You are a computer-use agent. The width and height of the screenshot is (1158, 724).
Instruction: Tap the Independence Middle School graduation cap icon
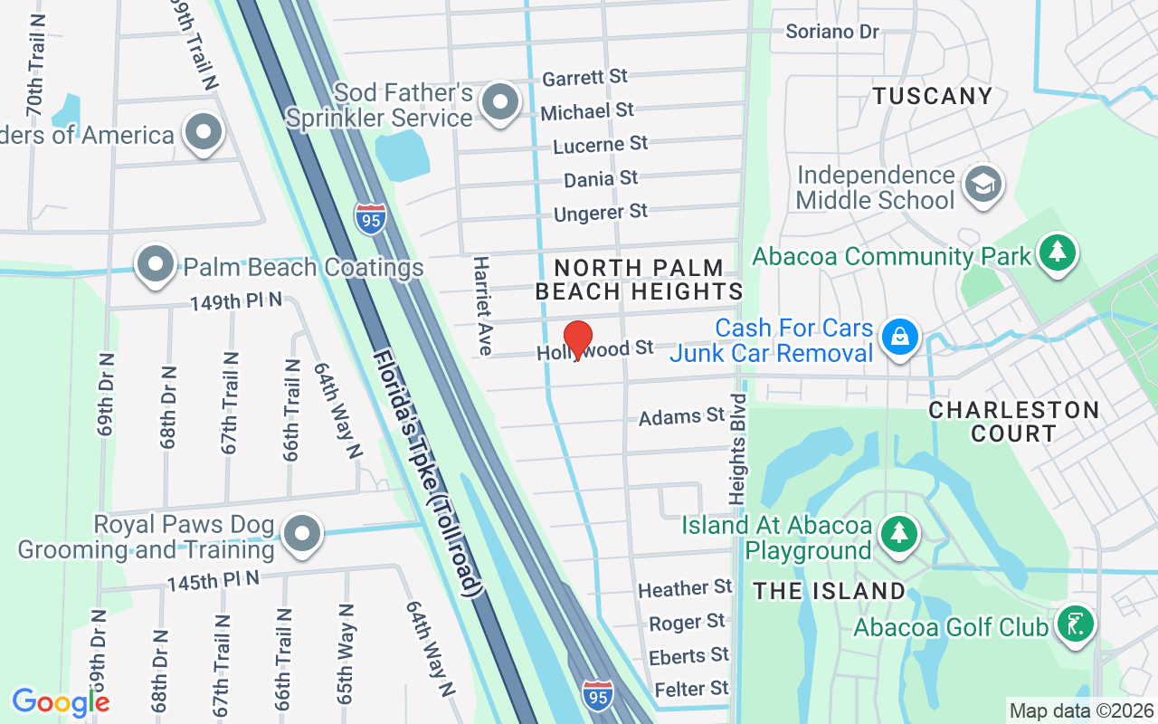pyautogui.click(x=982, y=185)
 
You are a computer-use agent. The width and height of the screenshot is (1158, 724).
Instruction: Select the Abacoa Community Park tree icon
pyautogui.click(x=1057, y=253)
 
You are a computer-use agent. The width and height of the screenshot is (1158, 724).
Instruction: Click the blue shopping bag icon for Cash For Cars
pyautogui.click(x=900, y=338)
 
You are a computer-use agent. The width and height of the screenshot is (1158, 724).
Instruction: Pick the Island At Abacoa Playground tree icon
pyautogui.click(x=898, y=534)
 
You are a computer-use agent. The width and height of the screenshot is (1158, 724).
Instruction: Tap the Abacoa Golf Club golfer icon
pyautogui.click(x=1074, y=624)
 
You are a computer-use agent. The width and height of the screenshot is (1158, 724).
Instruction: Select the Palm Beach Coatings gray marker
pyautogui.click(x=155, y=265)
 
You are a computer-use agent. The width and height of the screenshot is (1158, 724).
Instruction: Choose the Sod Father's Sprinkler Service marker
pyautogui.click(x=498, y=102)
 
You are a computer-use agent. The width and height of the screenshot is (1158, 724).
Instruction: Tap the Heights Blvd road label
pyautogui.click(x=739, y=448)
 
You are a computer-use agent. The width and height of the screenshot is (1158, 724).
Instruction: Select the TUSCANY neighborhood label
pyautogui.click(x=933, y=96)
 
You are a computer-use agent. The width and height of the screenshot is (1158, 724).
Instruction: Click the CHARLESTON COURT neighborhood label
pyautogui.click(x=1013, y=422)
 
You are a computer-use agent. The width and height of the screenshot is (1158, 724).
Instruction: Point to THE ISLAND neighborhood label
pyautogui.click(x=830, y=591)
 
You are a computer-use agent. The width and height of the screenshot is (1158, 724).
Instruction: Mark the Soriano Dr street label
pyautogui.click(x=832, y=32)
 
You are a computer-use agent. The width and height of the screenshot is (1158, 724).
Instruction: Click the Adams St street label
pyautogui.click(x=681, y=416)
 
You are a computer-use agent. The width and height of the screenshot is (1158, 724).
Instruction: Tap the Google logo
pyautogui.click(x=61, y=701)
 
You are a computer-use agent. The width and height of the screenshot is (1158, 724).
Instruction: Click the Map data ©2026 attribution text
pyautogui.click(x=1081, y=710)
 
